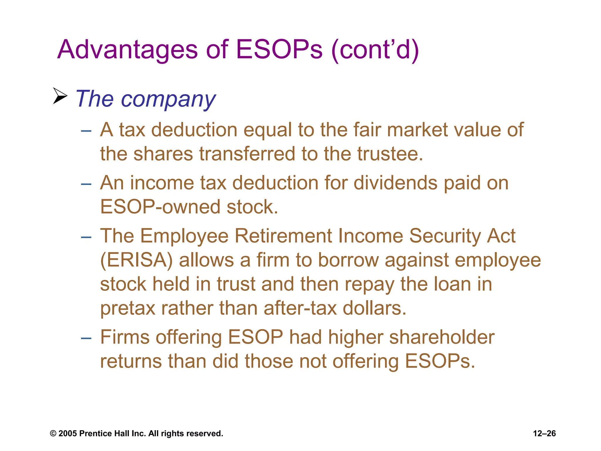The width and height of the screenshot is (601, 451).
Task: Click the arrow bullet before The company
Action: [60, 96]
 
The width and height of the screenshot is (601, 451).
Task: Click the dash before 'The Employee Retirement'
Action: [86, 237]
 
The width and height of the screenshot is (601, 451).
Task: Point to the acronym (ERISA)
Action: [136, 260]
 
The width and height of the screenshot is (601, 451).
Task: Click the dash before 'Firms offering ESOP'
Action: [86, 338]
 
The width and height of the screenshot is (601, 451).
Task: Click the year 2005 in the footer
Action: [67, 434]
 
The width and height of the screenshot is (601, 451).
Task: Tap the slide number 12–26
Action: [544, 434]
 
